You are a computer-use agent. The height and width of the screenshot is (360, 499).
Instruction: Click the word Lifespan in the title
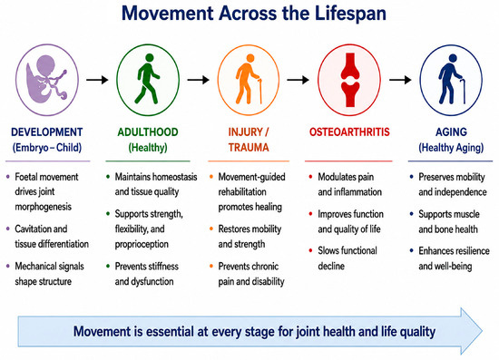(350, 14)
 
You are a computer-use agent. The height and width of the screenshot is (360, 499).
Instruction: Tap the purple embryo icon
(47, 78)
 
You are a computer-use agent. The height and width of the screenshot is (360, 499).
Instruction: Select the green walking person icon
(147, 79)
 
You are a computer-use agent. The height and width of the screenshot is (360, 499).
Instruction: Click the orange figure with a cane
(249, 80)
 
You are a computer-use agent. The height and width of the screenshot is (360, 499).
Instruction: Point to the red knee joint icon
(350, 80)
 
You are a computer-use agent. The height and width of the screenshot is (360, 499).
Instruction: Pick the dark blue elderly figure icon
(452, 80)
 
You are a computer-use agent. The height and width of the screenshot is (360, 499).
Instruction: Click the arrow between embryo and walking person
(97, 80)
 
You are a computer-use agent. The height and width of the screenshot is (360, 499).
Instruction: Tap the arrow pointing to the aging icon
(400, 80)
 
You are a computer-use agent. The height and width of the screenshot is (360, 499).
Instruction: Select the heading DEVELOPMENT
(47, 132)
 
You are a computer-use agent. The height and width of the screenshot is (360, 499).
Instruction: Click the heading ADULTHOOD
(148, 132)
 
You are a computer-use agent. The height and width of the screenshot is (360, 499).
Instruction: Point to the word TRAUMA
(249, 147)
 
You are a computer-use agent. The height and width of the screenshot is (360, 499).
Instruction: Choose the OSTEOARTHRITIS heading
(349, 132)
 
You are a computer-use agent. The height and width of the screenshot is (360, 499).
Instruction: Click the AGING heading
(451, 132)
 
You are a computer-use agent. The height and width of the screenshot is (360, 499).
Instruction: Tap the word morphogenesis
(44, 207)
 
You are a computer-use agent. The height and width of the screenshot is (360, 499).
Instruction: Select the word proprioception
(142, 244)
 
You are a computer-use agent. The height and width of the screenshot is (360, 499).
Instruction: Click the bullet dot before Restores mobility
(211, 229)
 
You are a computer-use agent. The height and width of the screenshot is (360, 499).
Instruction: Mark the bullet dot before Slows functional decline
(310, 250)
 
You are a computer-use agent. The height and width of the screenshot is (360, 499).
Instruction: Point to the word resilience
(470, 251)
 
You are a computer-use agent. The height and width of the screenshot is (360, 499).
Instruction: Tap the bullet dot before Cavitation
(8, 229)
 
